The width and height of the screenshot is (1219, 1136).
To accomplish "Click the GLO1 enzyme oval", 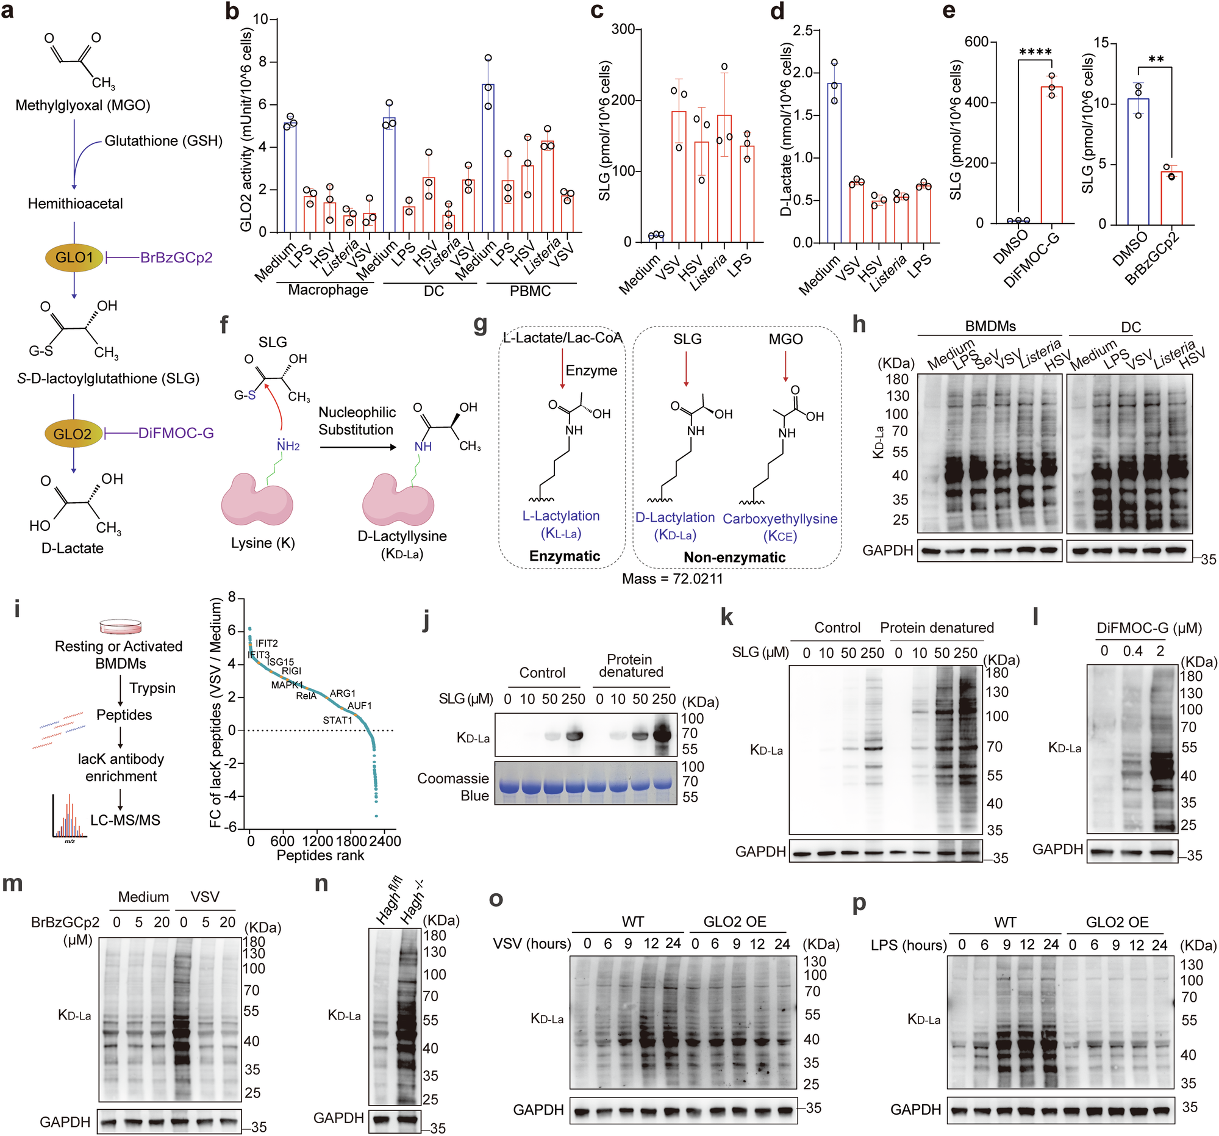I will [x=74, y=257].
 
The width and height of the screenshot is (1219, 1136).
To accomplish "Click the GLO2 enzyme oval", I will [x=73, y=434].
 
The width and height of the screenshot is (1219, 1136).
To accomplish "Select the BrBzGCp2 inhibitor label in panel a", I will [x=176, y=257].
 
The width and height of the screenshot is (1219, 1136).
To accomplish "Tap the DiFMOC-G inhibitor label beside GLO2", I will [x=176, y=433].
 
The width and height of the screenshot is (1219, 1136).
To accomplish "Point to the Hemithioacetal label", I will [x=75, y=204].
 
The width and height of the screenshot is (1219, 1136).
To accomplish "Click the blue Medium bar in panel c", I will [x=656, y=237].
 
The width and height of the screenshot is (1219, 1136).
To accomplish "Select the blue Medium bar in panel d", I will [x=834, y=162].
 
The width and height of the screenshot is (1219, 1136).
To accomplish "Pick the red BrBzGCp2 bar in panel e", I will [x=1171, y=198].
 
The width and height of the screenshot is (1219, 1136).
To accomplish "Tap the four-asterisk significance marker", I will [x=1035, y=52].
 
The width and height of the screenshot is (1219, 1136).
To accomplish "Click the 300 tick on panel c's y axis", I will [x=623, y=29].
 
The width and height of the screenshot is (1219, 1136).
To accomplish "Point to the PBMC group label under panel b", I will [x=530, y=291].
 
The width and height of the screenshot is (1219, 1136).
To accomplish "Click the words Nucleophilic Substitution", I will [x=356, y=421].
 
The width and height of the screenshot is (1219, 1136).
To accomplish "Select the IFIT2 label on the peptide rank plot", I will [x=266, y=643].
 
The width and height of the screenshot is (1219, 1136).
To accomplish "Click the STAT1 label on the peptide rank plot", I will [x=337, y=720].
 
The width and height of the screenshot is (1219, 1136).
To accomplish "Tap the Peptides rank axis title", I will [x=320, y=855].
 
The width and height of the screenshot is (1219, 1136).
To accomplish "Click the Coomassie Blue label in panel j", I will [x=453, y=787].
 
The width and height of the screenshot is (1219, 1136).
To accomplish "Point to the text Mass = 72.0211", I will [x=672, y=578].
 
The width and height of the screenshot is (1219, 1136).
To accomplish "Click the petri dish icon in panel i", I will [x=121, y=627].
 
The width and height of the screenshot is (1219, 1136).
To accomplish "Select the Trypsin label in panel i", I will [x=152, y=688].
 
